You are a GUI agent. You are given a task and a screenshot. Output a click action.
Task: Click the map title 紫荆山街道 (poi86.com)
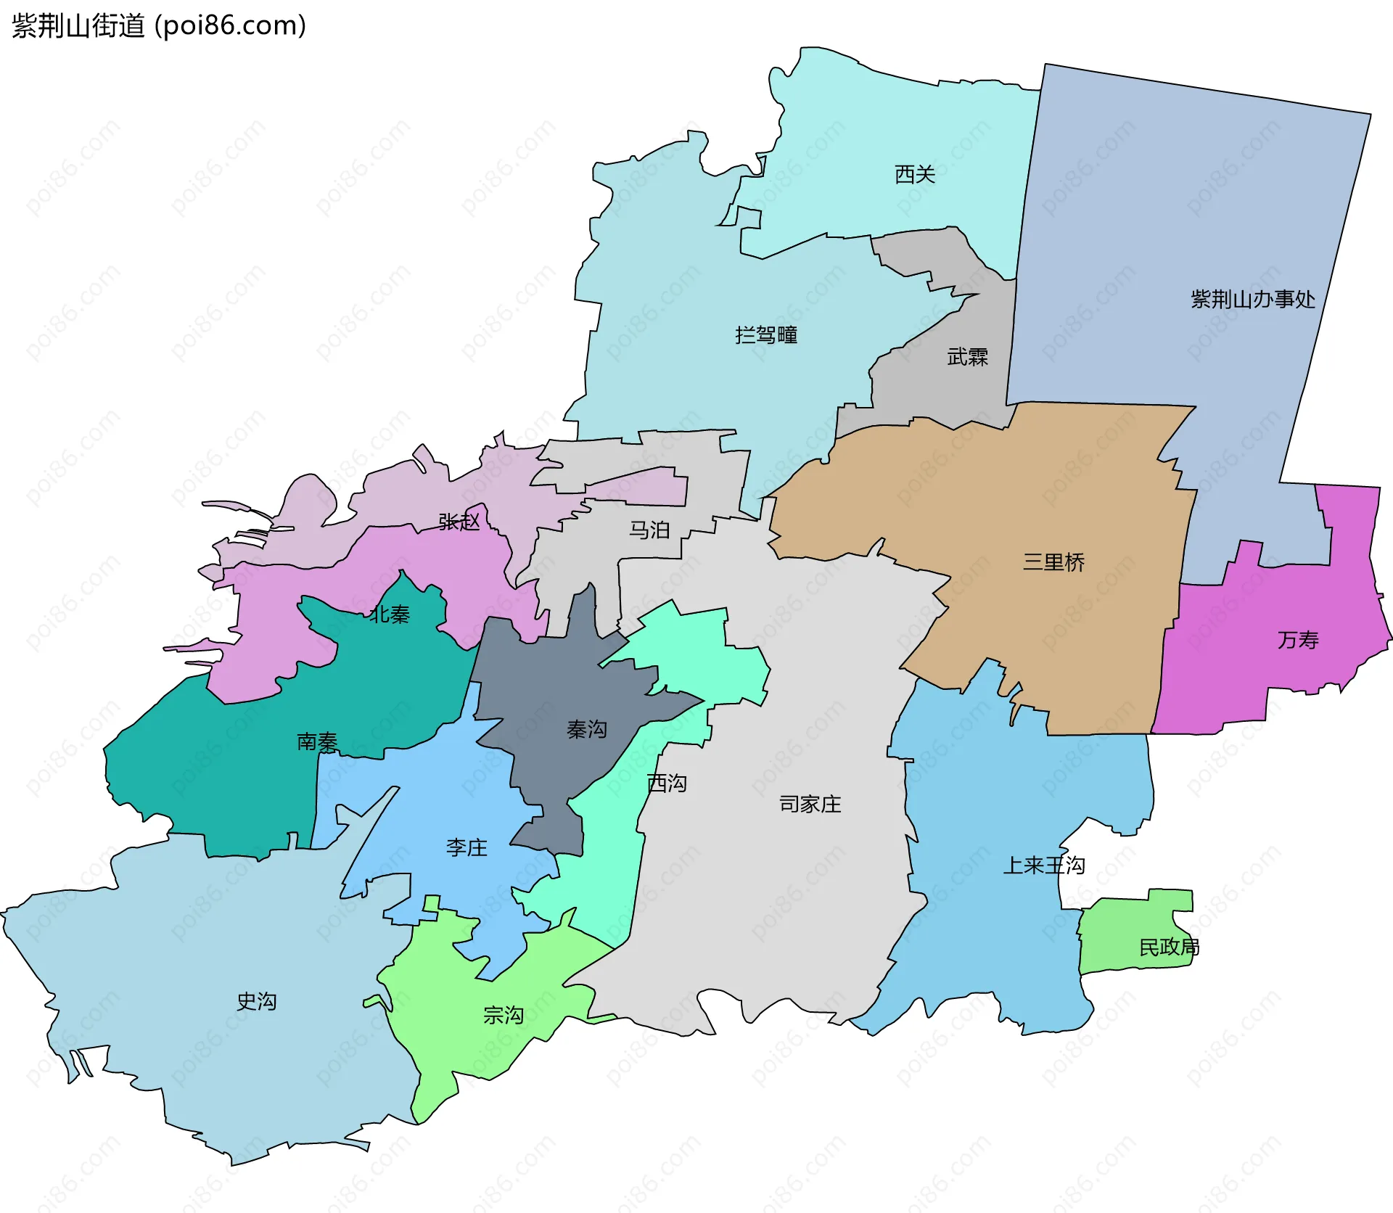[x=159, y=26]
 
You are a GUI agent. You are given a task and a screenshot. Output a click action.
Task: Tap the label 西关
[x=915, y=174]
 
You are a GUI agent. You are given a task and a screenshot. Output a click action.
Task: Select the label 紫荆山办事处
[x=1252, y=299]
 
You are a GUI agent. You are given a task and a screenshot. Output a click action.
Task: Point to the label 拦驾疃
[x=766, y=335]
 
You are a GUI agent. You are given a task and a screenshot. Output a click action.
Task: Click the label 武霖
[x=967, y=357]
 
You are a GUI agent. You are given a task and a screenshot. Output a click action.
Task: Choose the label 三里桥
[x=1053, y=562]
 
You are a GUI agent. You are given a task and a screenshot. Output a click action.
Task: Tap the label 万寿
[x=1298, y=640]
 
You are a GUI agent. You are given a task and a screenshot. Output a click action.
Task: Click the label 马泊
[x=649, y=530]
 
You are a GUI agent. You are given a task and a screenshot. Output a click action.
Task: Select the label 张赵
[x=459, y=522]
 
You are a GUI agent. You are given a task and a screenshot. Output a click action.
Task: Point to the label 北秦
[x=390, y=614]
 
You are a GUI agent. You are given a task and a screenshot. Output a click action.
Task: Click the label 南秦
[x=317, y=741]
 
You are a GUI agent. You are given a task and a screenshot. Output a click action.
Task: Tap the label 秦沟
[x=586, y=729]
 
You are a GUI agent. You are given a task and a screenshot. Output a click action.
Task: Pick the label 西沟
[x=666, y=783]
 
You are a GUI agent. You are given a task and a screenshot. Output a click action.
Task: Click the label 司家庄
[x=810, y=804]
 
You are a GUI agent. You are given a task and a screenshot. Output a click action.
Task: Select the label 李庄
[x=467, y=847]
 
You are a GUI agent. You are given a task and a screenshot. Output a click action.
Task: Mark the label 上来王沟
[x=1043, y=865]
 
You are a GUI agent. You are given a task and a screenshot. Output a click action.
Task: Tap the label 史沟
[x=256, y=1002]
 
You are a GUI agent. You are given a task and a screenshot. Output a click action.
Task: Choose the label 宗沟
[x=503, y=1015]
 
